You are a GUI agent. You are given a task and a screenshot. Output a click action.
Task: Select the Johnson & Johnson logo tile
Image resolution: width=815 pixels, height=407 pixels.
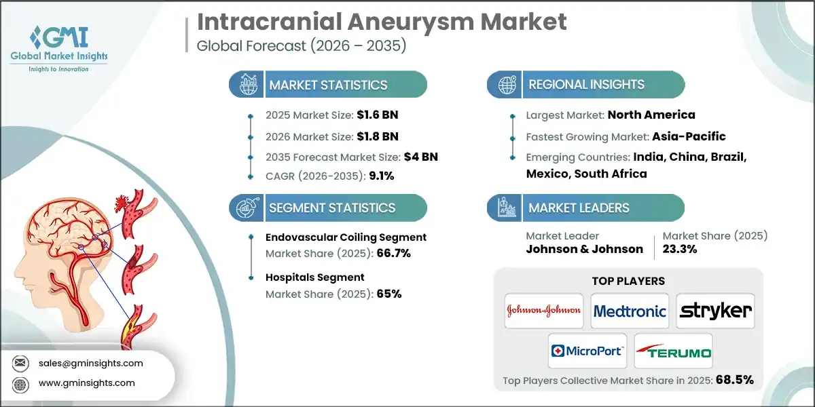pos(544,311)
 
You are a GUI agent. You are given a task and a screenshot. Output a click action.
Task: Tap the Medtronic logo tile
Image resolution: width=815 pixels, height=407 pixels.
pos(630,311)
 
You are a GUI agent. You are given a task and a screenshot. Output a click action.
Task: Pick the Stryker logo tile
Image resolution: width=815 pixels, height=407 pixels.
pos(716,311)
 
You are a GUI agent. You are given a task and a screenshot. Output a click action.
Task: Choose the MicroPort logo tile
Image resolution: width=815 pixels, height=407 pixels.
pos(586,351)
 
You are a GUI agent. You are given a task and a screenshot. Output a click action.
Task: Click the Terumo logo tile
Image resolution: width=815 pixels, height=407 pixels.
pos(673,351)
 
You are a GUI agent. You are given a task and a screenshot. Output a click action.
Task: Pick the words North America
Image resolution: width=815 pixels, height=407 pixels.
pos(651,115)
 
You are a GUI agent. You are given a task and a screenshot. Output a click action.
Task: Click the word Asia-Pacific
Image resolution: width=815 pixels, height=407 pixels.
pos(685,136)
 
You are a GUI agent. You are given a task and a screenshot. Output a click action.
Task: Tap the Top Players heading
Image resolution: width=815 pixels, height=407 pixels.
pos(628,281)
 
